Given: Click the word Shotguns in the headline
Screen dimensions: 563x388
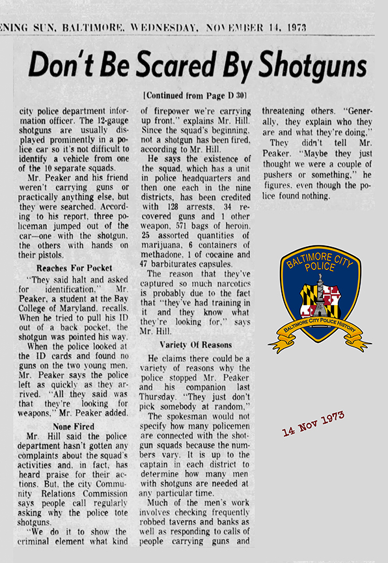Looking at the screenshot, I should pyautogui.click(x=312, y=66).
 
